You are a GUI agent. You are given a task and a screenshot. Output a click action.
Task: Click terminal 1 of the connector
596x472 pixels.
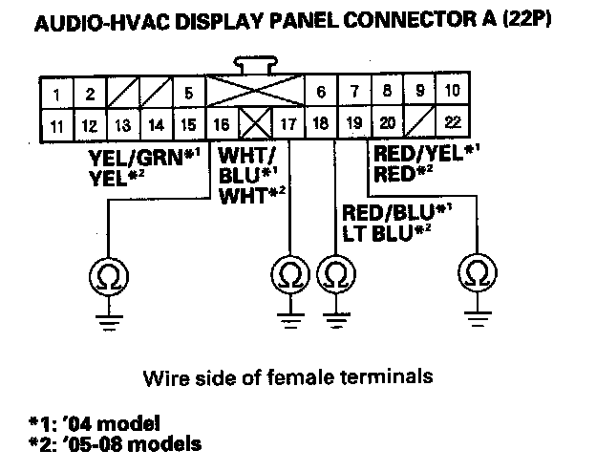tap(58, 94)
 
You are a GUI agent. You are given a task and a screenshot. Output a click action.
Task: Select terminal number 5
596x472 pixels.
tap(188, 94)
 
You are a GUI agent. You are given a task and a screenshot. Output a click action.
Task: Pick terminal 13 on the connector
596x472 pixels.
tap(123, 124)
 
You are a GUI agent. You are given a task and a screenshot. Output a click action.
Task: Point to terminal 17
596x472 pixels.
tap(287, 124)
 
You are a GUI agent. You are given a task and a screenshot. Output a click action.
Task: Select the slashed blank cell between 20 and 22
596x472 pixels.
tap(421, 123)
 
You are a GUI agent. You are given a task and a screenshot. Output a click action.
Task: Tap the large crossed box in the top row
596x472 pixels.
tap(253, 93)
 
